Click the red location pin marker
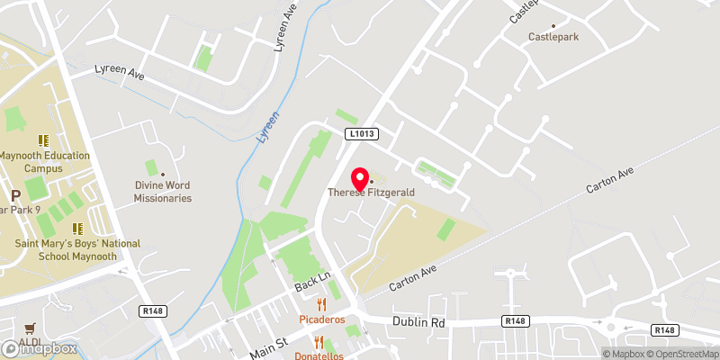click(360, 177)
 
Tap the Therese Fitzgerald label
click(370, 193)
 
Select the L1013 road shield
click(362, 134)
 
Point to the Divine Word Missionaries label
click(163, 192)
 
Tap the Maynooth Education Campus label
click(44, 162)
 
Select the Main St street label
click(267, 345)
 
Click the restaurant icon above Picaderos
click(320, 304)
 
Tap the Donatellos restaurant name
click(320, 355)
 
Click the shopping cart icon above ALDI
click(31, 328)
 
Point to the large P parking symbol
click(14, 196)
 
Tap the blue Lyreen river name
click(269, 130)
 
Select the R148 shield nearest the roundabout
click(665, 330)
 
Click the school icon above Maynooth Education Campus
click(42, 140)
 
